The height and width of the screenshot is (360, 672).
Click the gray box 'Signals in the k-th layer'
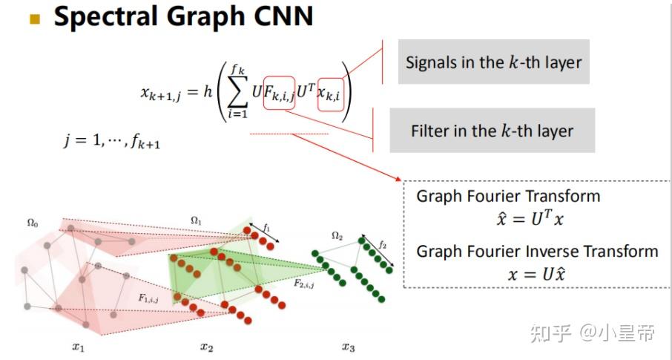494,62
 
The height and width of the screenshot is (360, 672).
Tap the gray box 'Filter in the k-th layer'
492,131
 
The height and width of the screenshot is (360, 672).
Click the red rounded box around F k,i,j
279,94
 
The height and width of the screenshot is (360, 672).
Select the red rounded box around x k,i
330,94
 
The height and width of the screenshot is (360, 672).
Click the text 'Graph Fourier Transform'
508,197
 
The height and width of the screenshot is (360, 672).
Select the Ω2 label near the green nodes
337,236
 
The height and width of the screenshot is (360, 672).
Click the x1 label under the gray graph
79,346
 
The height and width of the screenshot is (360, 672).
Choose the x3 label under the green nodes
349,346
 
